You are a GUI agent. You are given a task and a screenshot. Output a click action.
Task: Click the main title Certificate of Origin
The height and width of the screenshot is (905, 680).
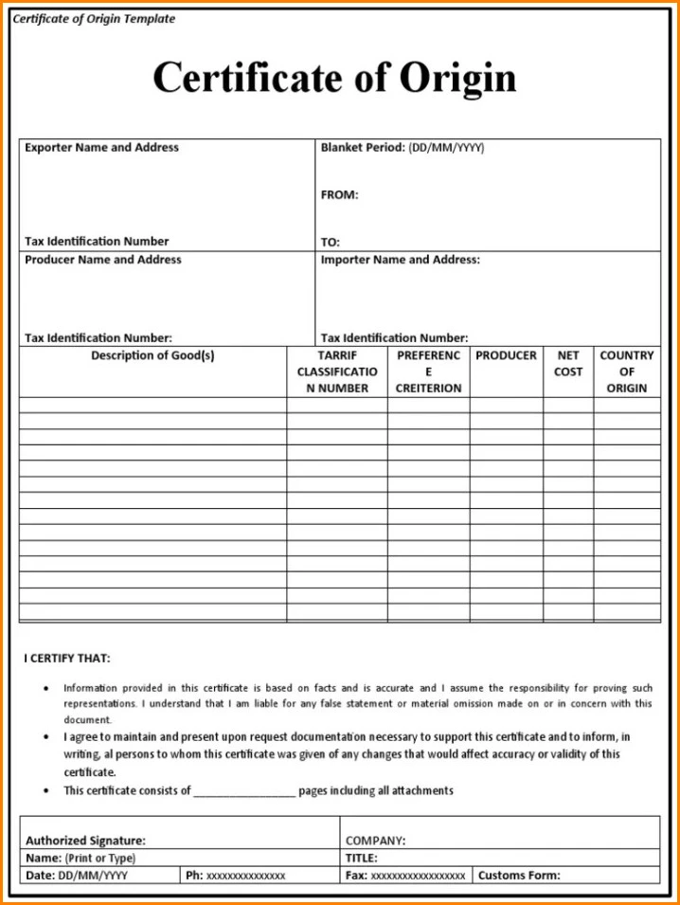pyautogui.click(x=334, y=77)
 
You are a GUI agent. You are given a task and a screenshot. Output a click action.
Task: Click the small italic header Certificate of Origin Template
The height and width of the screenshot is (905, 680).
pyautogui.click(x=94, y=19)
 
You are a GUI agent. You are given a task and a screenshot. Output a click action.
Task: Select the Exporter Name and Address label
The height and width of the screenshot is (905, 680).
pyautogui.click(x=101, y=148)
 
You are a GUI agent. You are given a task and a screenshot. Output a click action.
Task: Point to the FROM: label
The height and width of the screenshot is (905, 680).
pyautogui.click(x=339, y=195)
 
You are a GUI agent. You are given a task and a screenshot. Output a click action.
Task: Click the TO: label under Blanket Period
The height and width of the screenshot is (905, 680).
pyautogui.click(x=331, y=242)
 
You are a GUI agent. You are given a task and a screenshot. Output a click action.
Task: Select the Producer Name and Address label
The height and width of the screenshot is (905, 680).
pyautogui.click(x=103, y=260)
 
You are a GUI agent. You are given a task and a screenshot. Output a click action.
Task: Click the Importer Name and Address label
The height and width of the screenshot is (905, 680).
pyautogui.click(x=400, y=260)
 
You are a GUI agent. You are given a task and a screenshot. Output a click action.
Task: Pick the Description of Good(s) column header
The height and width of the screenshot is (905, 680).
pyautogui.click(x=152, y=356)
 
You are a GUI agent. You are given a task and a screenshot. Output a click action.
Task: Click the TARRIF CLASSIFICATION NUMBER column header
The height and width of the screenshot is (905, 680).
pyautogui.click(x=336, y=371)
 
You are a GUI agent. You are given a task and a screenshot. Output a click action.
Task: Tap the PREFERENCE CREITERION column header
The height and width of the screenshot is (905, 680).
pyautogui.click(x=428, y=371)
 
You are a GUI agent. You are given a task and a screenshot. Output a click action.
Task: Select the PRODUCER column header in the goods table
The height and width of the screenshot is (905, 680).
pyautogui.click(x=506, y=356)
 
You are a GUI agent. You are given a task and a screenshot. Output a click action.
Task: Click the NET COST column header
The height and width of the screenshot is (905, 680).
pyautogui.click(x=568, y=364)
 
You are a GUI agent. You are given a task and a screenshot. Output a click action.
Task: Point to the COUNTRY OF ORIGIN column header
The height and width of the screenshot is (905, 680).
pyautogui.click(x=627, y=371)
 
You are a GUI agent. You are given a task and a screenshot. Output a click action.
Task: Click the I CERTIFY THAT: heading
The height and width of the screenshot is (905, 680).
pyautogui.click(x=67, y=659)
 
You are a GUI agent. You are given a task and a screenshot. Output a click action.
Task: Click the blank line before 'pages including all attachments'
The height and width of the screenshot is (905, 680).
pyautogui.click(x=244, y=792)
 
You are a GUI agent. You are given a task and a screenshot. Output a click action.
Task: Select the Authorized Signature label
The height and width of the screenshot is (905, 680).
pyautogui.click(x=85, y=841)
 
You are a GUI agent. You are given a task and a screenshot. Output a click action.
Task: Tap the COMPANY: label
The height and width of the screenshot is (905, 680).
pyautogui.click(x=376, y=841)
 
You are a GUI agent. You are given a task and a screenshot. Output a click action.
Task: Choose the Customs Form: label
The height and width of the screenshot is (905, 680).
pyautogui.click(x=519, y=876)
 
